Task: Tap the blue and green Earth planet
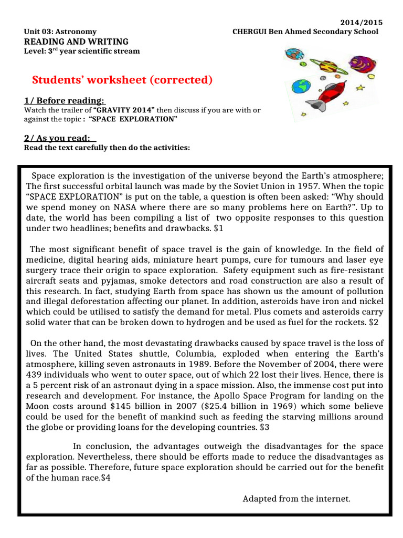coord(301,86)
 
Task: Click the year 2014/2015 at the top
coord(362,23)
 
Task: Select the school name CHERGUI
coord(250,32)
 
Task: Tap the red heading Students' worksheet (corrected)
coord(122,80)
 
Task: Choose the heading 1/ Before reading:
coord(65,101)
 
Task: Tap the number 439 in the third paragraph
coord(35,375)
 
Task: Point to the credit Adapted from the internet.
coord(296,498)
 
